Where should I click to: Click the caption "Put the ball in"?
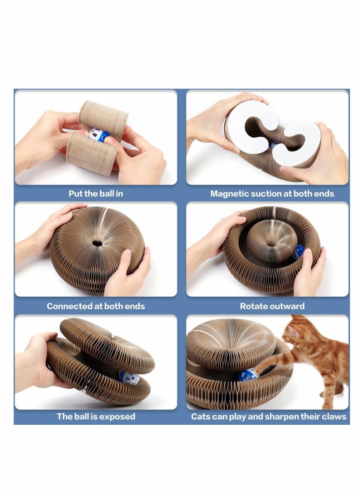tap(96, 194)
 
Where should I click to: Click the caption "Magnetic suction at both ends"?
tap(272, 194)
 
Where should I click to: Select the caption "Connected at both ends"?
tap(96, 306)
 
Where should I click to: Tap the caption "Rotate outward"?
tap(272, 306)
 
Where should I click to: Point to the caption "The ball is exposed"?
tap(96, 417)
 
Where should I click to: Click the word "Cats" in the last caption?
tap(201, 417)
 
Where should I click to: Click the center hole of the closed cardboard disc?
tap(97, 243)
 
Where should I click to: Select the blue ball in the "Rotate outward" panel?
tap(298, 252)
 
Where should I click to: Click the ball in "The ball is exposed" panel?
tap(129, 377)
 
